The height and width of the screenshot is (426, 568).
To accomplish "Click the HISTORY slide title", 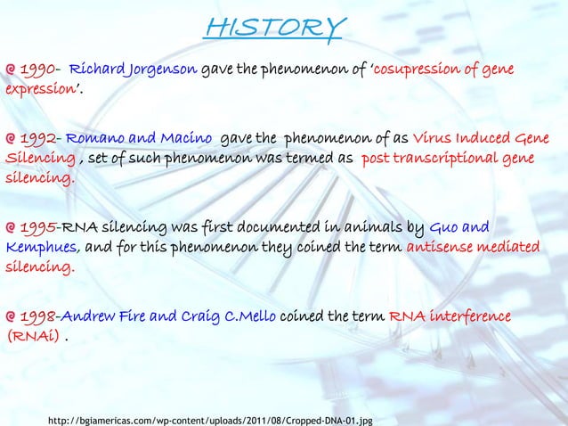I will [272, 28].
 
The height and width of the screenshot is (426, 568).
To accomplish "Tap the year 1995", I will [38, 227].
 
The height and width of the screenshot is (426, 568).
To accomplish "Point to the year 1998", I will [38, 316].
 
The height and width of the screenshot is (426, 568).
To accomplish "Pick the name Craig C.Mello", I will [226, 316].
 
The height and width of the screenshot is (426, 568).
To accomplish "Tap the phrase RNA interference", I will [448, 316].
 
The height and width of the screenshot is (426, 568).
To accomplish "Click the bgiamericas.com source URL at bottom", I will [209, 415].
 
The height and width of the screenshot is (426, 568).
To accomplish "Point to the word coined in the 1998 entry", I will [309, 316].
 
